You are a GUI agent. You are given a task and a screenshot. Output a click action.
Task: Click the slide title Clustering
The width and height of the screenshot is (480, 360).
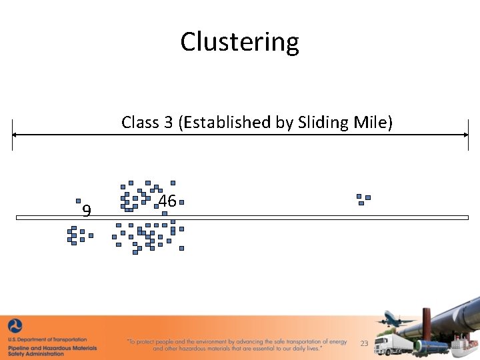[x=239, y=42]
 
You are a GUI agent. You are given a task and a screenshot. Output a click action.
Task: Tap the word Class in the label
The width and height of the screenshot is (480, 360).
[x=140, y=123]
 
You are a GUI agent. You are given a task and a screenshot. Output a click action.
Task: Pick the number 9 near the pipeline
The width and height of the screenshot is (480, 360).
[x=86, y=212]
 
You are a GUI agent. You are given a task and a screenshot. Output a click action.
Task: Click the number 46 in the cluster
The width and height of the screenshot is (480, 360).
[x=167, y=201]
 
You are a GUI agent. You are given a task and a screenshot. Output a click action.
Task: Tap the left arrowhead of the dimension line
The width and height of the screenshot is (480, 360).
[x=15, y=135]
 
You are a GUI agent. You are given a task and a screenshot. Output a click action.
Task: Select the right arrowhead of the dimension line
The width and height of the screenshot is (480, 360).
[x=466, y=135]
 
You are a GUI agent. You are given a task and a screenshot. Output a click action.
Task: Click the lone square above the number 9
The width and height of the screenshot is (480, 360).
[x=78, y=201]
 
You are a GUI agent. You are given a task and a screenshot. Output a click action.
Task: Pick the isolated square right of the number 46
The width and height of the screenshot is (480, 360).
[x=181, y=201]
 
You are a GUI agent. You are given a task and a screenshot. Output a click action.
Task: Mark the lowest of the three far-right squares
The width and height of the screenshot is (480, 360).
[x=361, y=203]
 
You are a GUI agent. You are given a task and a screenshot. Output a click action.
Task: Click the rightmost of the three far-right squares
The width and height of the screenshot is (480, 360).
[x=367, y=197]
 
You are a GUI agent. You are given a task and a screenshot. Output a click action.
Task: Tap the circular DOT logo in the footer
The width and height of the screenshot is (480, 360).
[x=15, y=327]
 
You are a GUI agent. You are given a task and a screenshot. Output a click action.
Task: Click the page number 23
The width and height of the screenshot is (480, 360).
[x=364, y=343]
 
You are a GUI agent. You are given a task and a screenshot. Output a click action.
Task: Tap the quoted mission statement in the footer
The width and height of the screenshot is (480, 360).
[x=237, y=345]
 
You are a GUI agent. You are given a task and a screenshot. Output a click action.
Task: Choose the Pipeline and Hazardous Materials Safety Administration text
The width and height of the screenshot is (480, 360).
[x=52, y=351]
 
